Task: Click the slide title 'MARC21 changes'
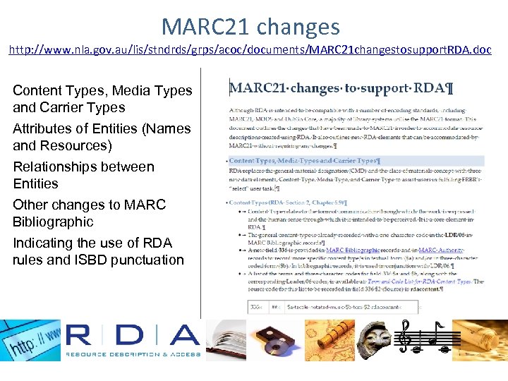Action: coord(250,28)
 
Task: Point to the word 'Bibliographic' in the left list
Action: coord(53,222)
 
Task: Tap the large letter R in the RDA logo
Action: coord(88,336)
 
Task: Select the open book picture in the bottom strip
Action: coord(225,339)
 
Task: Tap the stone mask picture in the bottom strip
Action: coord(375,339)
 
